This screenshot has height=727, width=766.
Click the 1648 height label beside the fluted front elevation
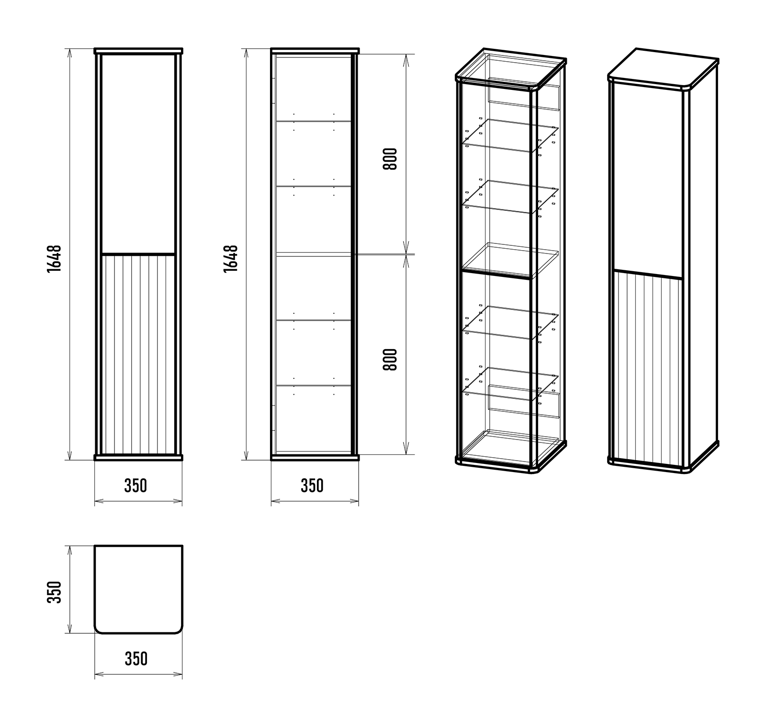pyautogui.click(x=55, y=259)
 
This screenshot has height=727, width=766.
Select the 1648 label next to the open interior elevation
pyautogui.click(x=231, y=259)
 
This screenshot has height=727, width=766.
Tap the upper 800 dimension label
pyautogui.click(x=390, y=159)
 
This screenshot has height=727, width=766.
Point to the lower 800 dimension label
pyautogui.click(x=390, y=360)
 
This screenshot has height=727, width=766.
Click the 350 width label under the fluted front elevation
pyautogui.click(x=135, y=486)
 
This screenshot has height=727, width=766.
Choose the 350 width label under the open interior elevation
pyautogui.click(x=312, y=486)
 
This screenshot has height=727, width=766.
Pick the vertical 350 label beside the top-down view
pyautogui.click(x=55, y=592)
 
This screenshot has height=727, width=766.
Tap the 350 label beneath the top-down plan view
pyautogui.click(x=136, y=659)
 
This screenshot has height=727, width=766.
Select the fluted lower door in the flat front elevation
pyautogui.click(x=138, y=353)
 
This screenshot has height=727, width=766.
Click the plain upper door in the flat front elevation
pyautogui.click(x=138, y=153)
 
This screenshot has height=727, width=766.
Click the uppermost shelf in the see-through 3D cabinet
pyautogui.click(x=510, y=135)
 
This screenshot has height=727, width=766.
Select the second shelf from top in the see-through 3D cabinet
pyautogui.click(x=510, y=197)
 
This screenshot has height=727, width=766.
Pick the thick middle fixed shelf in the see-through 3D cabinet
pyautogui.click(x=510, y=261)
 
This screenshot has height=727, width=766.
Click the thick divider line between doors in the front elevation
pyautogui.click(x=138, y=253)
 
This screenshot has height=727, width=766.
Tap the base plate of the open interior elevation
pyautogui.click(x=315, y=457)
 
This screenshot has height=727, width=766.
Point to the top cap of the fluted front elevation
pyautogui.click(x=139, y=51)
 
